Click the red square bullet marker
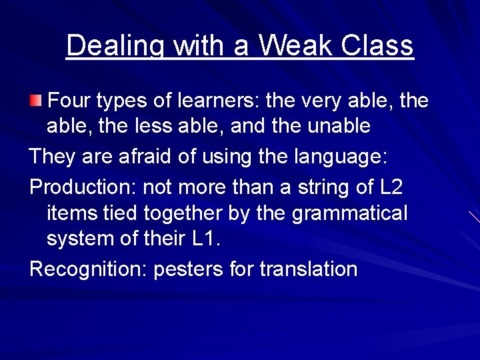pos(35,101)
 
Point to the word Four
pos(70,101)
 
